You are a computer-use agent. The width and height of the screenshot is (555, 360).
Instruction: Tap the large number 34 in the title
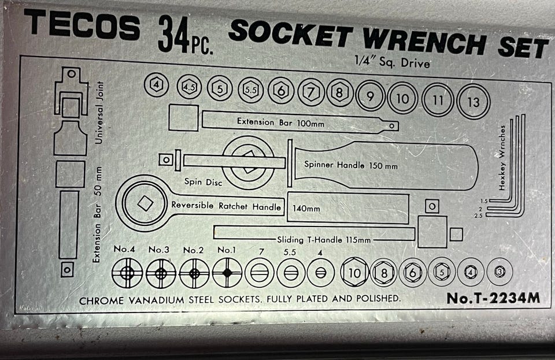tap(174, 35)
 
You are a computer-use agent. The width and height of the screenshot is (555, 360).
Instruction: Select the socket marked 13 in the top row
tap(473, 102)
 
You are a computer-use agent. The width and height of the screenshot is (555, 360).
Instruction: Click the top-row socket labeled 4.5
tap(189, 87)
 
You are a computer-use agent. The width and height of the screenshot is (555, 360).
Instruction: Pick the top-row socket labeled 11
tap(438, 101)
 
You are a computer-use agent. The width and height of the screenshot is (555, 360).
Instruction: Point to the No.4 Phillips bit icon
tap(127, 273)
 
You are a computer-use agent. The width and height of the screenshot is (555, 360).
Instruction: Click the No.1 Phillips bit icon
tap(227, 273)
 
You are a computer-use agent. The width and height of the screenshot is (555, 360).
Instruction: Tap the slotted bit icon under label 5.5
tap(291, 273)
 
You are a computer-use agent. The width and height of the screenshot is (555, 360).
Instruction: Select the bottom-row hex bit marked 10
tap(354, 272)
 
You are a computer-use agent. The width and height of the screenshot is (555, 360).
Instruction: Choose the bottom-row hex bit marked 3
tap(499, 272)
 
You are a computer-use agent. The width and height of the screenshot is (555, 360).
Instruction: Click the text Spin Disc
tap(203, 182)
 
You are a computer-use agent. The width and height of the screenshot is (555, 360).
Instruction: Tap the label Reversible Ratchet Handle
tap(226, 206)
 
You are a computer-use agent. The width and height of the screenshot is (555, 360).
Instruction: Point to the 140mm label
tap(306, 208)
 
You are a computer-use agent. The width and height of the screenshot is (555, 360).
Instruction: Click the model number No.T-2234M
tap(493, 298)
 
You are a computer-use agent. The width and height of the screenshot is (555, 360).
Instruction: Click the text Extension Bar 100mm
tap(280, 123)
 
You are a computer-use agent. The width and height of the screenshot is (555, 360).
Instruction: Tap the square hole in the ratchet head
tap(145, 203)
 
